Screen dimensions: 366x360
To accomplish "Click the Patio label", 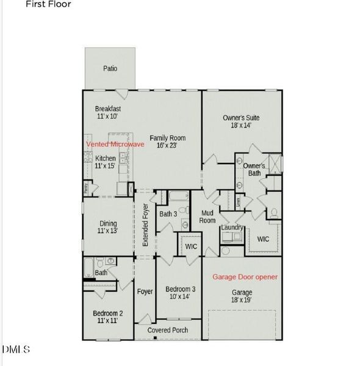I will [109, 68].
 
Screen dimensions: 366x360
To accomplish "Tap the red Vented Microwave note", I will [115, 144].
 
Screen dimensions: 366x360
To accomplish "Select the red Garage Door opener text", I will [244, 276].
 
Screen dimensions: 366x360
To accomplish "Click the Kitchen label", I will [105, 159].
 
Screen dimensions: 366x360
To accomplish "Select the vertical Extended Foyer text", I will [145, 225].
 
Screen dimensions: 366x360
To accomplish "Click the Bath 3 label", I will [168, 214].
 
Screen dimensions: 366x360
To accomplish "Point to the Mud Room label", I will [208, 217].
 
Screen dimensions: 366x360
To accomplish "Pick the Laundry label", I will [232, 228].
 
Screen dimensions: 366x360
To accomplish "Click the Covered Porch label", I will [167, 331].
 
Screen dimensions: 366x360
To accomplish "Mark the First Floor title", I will [48, 4].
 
